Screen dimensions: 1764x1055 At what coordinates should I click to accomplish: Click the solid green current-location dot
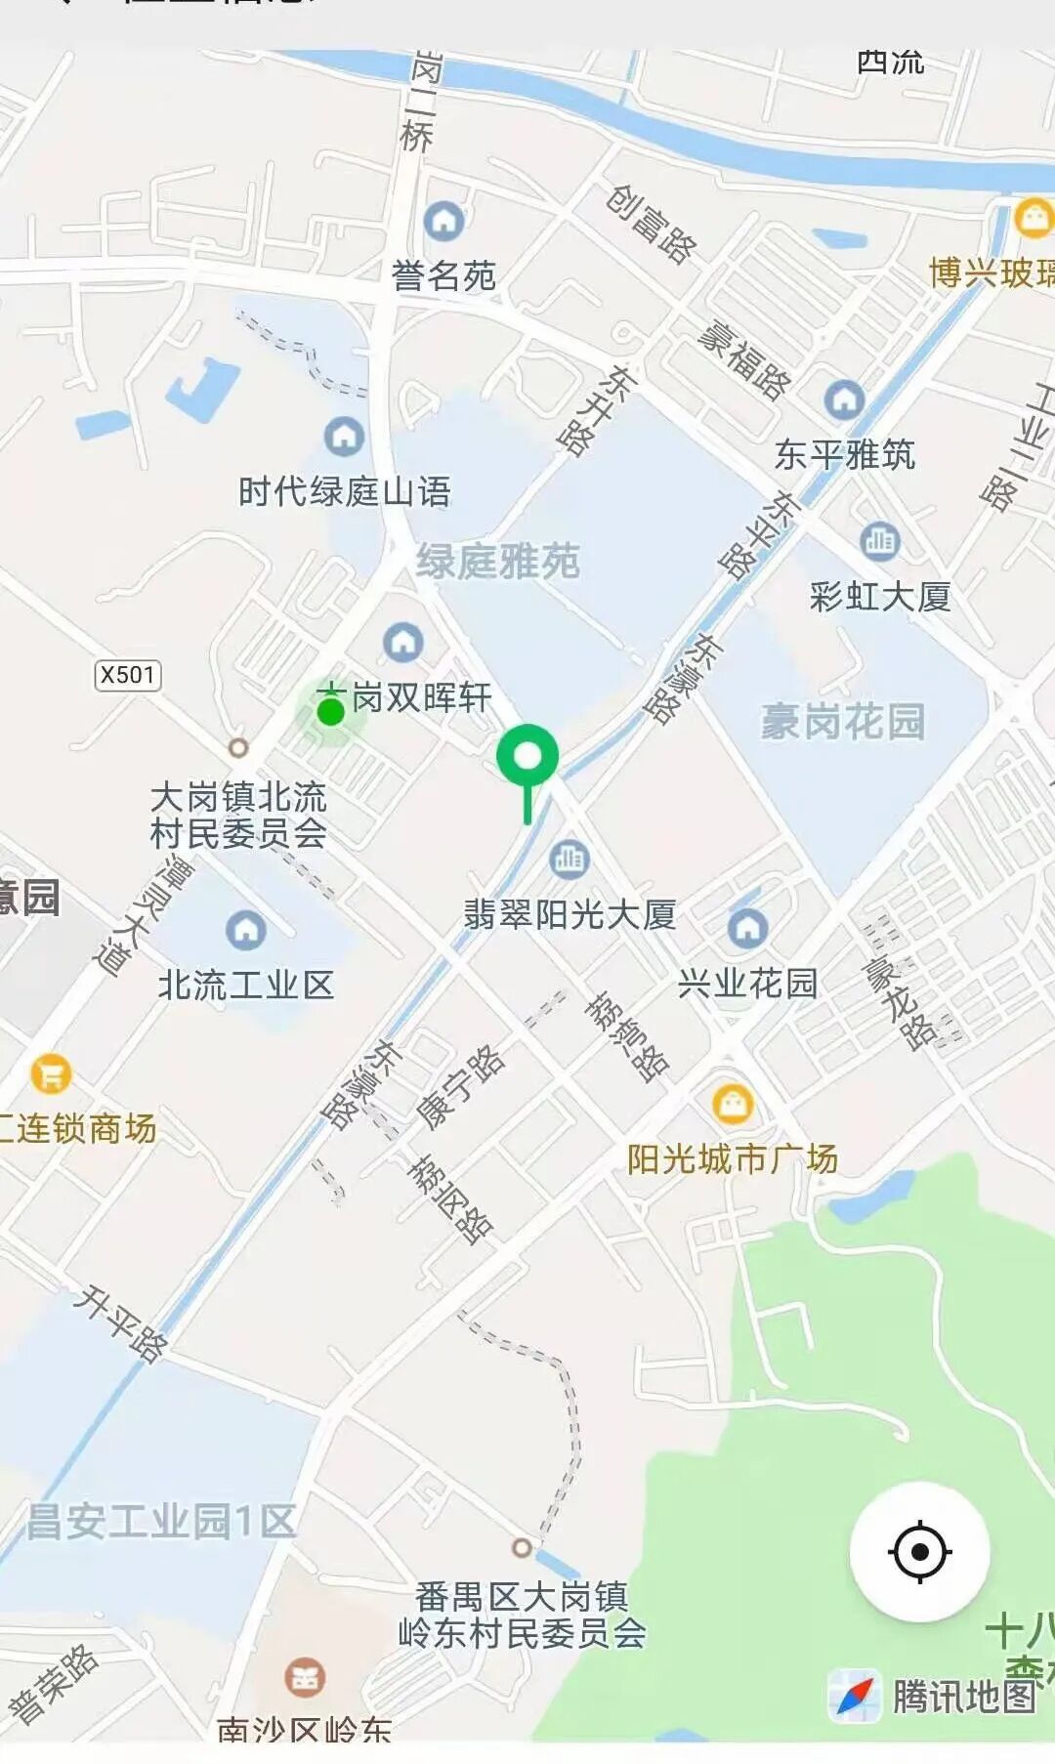click(331, 712)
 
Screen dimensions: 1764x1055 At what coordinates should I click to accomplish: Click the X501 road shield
click(128, 675)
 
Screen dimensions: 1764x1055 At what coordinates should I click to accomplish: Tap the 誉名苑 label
click(443, 276)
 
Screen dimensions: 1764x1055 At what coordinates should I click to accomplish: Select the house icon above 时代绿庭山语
click(344, 436)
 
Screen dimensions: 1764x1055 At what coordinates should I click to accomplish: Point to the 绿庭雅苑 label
click(498, 562)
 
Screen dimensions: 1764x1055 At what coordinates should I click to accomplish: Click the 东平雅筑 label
click(845, 454)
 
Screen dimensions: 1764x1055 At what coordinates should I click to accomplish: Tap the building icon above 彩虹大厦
click(880, 540)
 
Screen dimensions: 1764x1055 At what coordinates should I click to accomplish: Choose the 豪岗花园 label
click(842, 722)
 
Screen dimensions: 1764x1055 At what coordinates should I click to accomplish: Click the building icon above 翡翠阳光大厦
click(569, 859)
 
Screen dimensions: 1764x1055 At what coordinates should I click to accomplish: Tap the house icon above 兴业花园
click(747, 928)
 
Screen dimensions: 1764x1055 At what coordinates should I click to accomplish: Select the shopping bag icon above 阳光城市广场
click(732, 1104)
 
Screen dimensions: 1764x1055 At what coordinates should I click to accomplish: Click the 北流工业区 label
click(246, 985)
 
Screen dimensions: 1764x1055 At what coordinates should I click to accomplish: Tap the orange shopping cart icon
click(51, 1074)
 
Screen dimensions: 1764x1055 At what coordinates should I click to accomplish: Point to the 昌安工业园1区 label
click(161, 1521)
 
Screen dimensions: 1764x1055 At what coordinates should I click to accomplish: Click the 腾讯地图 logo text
click(963, 1697)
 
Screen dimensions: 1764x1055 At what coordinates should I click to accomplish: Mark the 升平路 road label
click(122, 1323)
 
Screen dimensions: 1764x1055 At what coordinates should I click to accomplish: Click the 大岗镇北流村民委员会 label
click(238, 815)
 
